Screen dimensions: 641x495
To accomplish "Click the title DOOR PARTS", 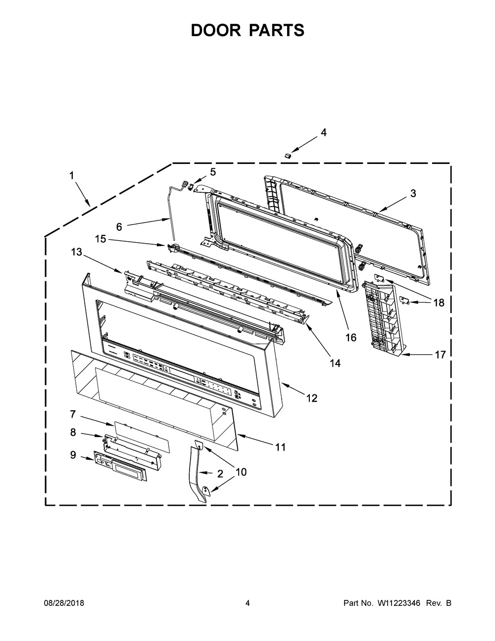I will coord(247,31).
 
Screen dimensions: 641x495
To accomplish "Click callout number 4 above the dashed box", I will coord(323,133).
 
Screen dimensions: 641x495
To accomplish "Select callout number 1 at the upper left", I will coord(72,175).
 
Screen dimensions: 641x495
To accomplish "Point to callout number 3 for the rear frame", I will coord(413,194).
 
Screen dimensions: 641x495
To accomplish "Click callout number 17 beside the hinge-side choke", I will coord(440,355).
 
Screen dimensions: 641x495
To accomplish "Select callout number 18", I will coord(439,303).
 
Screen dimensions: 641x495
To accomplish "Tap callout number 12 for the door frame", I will coord(311,398).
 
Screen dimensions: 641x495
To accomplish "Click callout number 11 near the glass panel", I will coord(280,447).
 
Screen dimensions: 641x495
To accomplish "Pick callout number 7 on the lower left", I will coord(72,413).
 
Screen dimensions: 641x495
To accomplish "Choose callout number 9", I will coord(73,455).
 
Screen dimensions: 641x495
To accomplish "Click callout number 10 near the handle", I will coord(240,472).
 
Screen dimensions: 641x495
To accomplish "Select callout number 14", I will coord(335,363).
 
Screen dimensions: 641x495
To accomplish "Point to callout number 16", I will coord(350,338).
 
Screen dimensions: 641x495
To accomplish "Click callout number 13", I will coord(77,252).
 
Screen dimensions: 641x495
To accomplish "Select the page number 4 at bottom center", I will coord(247,603).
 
